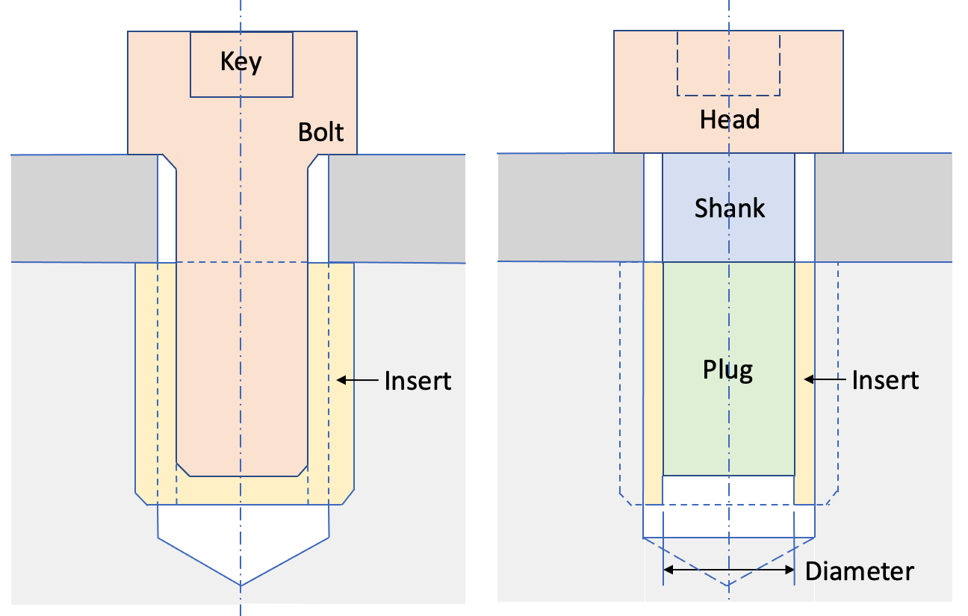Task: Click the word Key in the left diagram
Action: (241, 61)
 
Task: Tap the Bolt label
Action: (320, 132)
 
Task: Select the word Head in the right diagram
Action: (729, 119)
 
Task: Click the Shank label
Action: (729, 208)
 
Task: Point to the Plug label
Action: (727, 370)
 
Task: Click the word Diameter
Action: (859, 572)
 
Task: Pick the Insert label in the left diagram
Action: (418, 381)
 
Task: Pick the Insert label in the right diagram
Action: (885, 381)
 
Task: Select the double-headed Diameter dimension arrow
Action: (728, 570)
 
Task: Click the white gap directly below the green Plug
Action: (728, 489)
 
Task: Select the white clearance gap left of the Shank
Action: (653, 208)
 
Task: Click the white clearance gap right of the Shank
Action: (804, 208)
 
